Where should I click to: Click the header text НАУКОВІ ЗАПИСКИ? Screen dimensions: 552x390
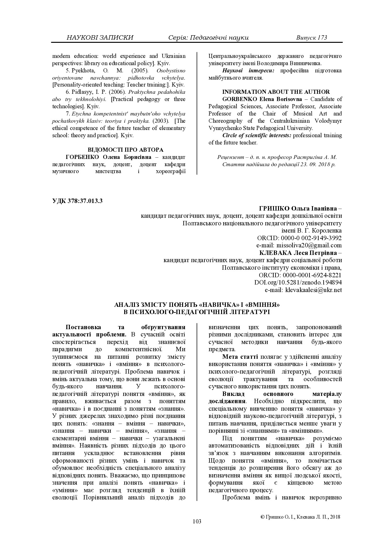pyautogui.click(x=100, y=38)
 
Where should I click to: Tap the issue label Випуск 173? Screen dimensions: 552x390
pyautogui.click(x=311, y=38)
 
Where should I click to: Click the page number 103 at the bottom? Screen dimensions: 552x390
pyautogui.click(x=197, y=521)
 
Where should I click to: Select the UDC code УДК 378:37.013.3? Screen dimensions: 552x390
pyautogui.click(x=77, y=201)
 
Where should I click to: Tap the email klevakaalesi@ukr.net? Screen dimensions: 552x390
pyautogui.click(x=313, y=290)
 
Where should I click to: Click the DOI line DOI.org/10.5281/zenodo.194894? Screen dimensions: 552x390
pyautogui.click(x=298, y=283)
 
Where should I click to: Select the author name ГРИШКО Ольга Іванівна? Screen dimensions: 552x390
pyautogui.click(x=298, y=209)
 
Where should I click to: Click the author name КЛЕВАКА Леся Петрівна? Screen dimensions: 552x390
pyautogui.click(x=298, y=253)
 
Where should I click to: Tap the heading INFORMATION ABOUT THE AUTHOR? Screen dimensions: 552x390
pyautogui.click(x=276, y=92)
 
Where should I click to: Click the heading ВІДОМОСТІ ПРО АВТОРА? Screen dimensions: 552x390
pyautogui.click(x=125, y=149)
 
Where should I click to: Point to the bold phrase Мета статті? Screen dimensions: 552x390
pyautogui.click(x=240, y=357)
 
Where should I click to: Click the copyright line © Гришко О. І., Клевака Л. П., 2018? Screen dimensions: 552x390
pyautogui.click(x=300, y=517)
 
